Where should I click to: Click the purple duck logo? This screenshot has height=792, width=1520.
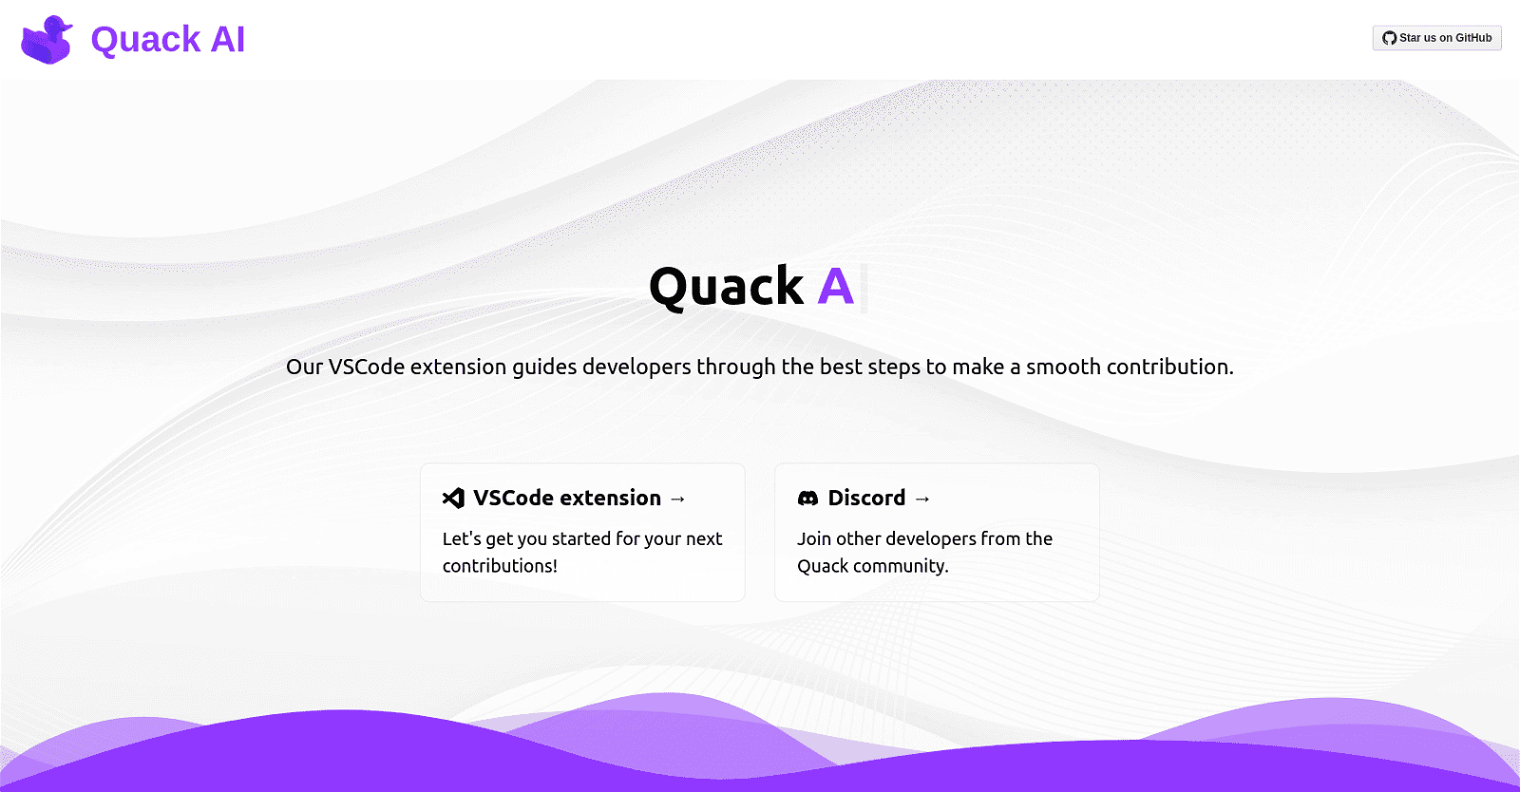[x=47, y=40]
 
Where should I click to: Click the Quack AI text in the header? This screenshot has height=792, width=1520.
[x=168, y=40]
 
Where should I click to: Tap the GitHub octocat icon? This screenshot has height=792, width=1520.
[x=1389, y=38]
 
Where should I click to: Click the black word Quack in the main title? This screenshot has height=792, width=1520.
[x=726, y=287]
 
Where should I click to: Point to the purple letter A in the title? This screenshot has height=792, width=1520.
[x=835, y=287]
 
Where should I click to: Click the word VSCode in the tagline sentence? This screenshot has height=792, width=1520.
[x=367, y=368]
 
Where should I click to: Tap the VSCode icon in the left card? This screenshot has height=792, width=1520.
[x=453, y=499]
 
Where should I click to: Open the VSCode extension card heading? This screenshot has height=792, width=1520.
[x=566, y=499]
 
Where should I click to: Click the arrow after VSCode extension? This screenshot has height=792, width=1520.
[x=677, y=500]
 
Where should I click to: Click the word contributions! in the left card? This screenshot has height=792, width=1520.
[x=500, y=566]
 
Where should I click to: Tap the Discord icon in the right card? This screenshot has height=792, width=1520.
[x=807, y=499]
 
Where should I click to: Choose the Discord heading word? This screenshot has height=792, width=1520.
[x=866, y=499]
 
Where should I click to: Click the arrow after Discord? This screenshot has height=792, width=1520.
[x=922, y=500]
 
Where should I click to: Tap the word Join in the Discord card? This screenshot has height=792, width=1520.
[x=814, y=539]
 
